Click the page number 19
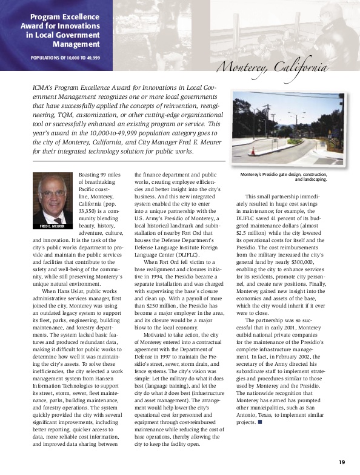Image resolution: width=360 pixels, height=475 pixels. [x=342, y=462]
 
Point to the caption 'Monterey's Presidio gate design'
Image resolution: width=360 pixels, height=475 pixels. [x=284, y=175]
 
